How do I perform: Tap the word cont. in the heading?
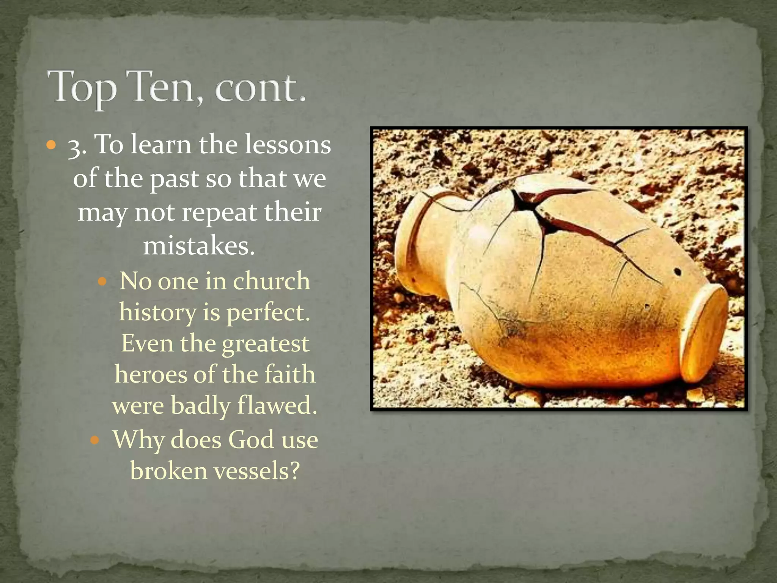pos(260,87)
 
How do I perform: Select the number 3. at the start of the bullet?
pos(77,146)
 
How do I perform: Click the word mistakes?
pos(199,246)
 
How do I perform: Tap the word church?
pos(271,281)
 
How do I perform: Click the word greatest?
pos(265,343)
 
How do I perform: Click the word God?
pos(251,440)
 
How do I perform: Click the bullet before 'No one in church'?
pos(103,282)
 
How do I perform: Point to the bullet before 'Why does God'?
pos(95,440)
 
